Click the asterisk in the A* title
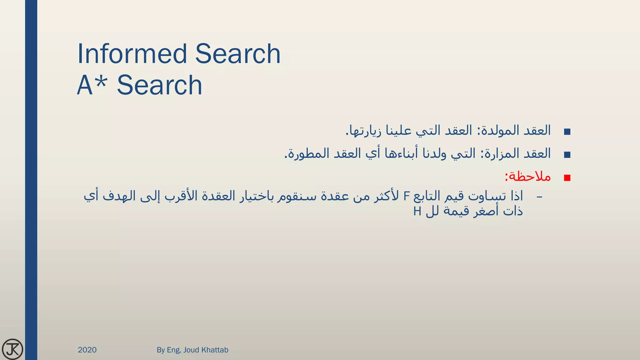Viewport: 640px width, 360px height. [101, 81]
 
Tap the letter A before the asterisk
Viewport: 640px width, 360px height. [85, 85]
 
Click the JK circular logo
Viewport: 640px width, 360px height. [12, 349]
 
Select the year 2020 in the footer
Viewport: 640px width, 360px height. [87, 350]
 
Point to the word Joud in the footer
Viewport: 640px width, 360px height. [191, 350]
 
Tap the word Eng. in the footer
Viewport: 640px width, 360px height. [174, 350]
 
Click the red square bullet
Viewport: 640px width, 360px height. [567, 178]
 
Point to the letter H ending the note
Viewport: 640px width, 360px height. [417, 212]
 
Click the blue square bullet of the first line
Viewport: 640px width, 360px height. [567, 132]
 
